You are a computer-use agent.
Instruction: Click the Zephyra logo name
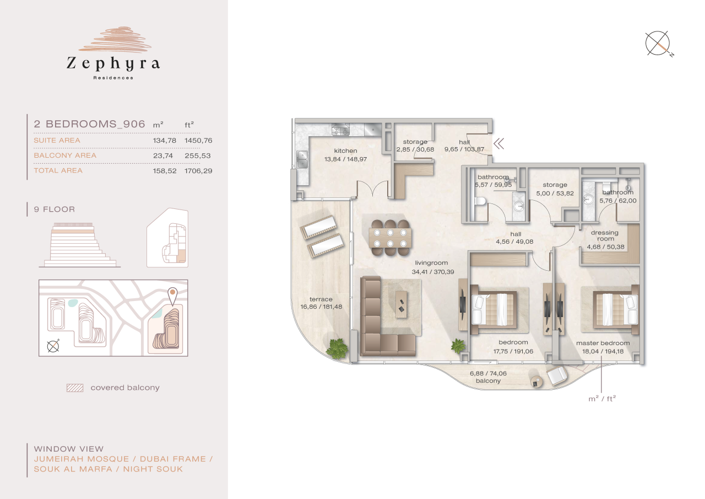[x=113, y=64]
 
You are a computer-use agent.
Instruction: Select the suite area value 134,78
[x=164, y=141]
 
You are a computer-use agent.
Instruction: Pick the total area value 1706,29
[x=198, y=171]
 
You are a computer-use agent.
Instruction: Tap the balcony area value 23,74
[x=164, y=155]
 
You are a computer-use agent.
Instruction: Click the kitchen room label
[x=345, y=151]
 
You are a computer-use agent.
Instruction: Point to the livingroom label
[x=430, y=263]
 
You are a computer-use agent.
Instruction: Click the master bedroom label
[x=603, y=343]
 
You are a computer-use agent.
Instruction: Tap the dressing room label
[x=604, y=235]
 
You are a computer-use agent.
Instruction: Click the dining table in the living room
[x=391, y=238]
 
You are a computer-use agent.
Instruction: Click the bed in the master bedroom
[x=616, y=308]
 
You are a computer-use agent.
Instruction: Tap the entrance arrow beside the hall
[x=499, y=144]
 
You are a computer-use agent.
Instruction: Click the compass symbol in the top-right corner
[x=659, y=44]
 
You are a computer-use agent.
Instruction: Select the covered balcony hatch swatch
[x=74, y=388]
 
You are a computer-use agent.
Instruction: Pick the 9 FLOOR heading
[x=54, y=210]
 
